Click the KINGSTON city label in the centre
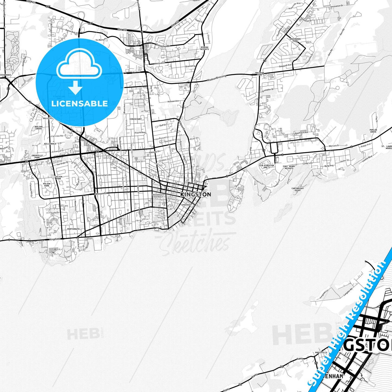point(196,195)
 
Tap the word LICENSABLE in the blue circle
point(79,104)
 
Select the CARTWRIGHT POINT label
point(298,189)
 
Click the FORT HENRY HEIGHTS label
point(289,167)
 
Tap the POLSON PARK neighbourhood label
point(47,185)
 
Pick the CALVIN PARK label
point(59,177)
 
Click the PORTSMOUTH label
point(73,229)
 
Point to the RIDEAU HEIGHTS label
point(205,48)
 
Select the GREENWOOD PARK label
point(295,40)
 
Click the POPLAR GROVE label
point(373,131)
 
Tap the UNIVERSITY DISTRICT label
point(158,196)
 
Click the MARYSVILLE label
point(321,352)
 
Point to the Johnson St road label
point(101,194)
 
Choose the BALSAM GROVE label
point(39,128)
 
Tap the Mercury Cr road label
point(334,146)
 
